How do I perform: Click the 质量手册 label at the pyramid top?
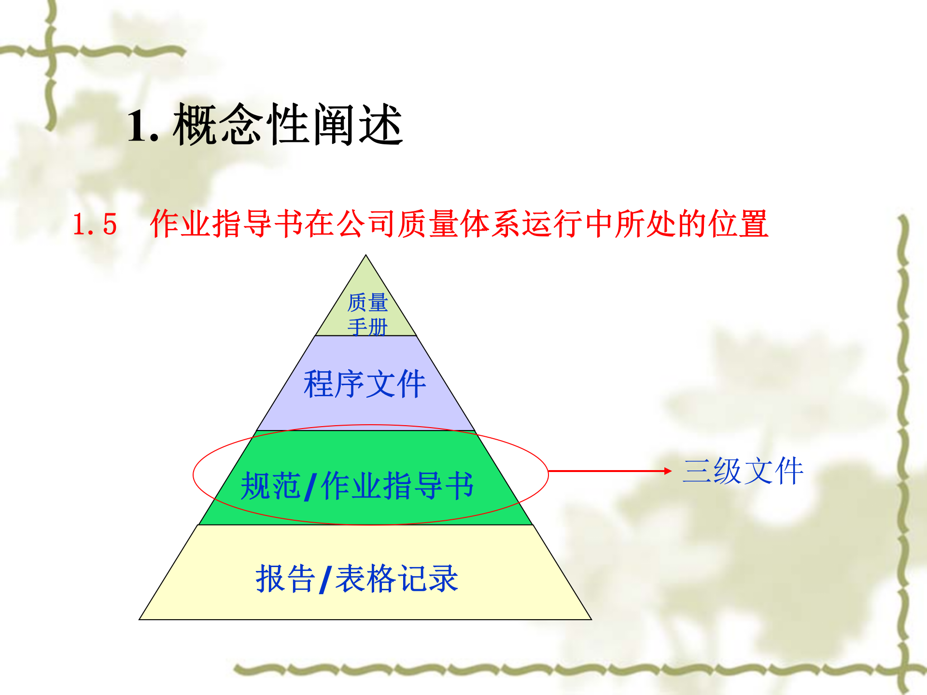click(x=367, y=314)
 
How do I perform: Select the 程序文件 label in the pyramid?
click(x=365, y=384)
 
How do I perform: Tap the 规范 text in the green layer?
click(x=270, y=486)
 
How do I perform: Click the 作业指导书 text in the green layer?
click(x=397, y=486)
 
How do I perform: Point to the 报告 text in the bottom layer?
click(x=285, y=578)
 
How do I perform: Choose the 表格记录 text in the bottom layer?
click(x=396, y=578)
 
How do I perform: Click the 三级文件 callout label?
click(x=743, y=471)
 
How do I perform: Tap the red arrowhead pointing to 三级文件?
click(x=668, y=471)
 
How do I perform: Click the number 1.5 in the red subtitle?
click(x=95, y=224)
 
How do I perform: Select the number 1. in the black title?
click(x=143, y=125)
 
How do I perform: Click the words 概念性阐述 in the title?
click(x=288, y=125)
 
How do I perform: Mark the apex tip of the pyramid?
click(x=366, y=256)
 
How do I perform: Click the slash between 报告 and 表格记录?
click(x=325, y=580)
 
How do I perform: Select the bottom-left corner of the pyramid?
click(x=140, y=619)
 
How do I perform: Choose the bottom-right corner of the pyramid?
click(x=591, y=619)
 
